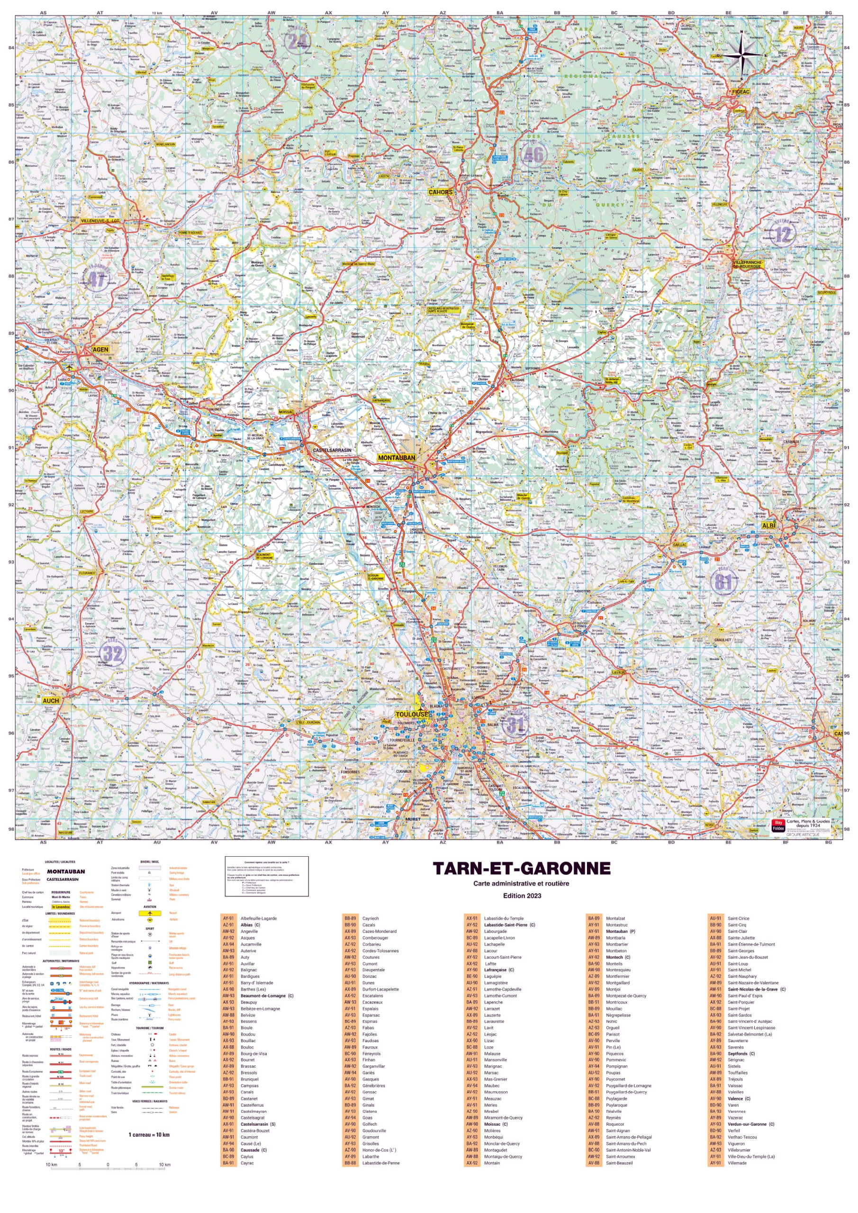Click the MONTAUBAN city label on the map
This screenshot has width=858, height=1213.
click(396, 458)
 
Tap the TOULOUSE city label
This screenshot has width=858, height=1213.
click(412, 714)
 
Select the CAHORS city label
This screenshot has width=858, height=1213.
click(440, 192)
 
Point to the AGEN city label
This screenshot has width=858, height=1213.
click(100, 349)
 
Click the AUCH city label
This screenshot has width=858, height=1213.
click(51, 700)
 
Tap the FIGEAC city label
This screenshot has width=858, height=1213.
click(741, 91)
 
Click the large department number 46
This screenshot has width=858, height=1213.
click(533, 155)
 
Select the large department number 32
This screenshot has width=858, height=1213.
click(113, 653)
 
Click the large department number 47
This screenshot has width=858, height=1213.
click(96, 280)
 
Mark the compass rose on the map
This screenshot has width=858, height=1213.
click(742, 54)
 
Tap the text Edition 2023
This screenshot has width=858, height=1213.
click(522, 896)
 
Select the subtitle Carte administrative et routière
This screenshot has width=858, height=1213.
click(522, 883)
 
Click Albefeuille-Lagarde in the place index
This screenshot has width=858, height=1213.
click(258, 918)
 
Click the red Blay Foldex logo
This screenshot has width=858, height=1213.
click(778, 825)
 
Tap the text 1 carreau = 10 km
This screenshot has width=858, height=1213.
click(149, 1134)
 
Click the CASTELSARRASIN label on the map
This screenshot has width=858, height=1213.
click(332, 450)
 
